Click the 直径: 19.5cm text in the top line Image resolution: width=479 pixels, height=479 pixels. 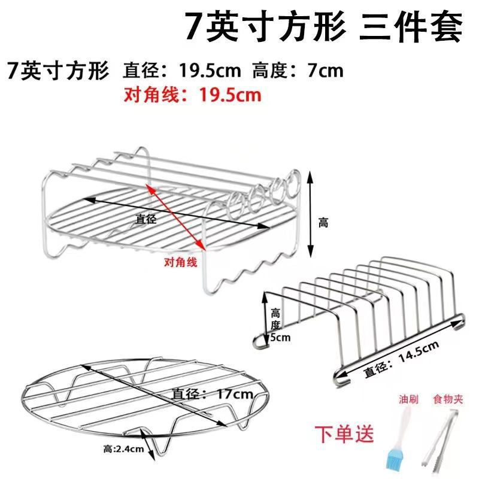(182, 71)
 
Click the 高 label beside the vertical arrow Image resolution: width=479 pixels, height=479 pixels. (323, 223)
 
